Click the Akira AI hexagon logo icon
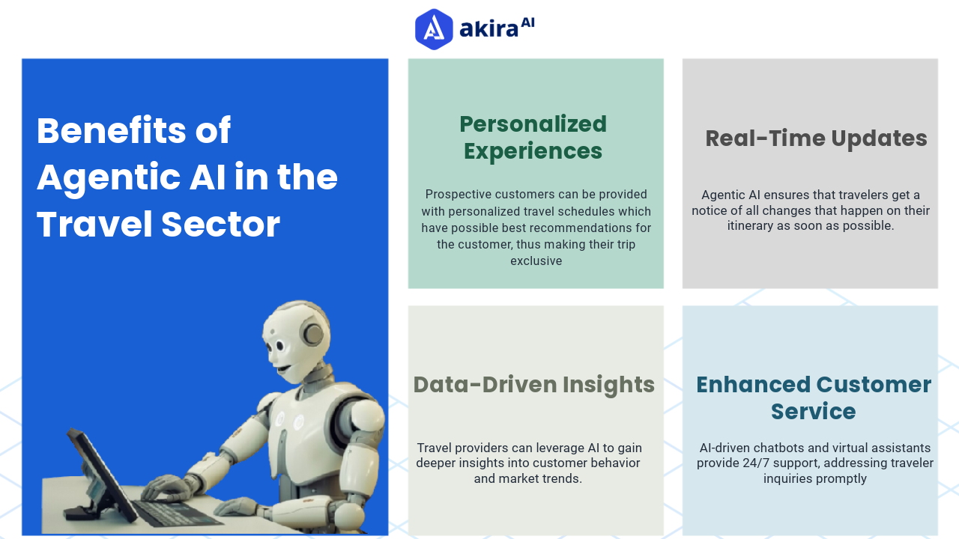(434, 29)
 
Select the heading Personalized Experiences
(533, 137)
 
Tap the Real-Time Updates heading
(816, 138)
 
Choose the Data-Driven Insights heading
(533, 384)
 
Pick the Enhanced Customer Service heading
(814, 398)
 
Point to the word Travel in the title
(83, 225)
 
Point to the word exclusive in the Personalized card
(536, 261)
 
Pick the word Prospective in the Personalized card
(459, 194)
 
